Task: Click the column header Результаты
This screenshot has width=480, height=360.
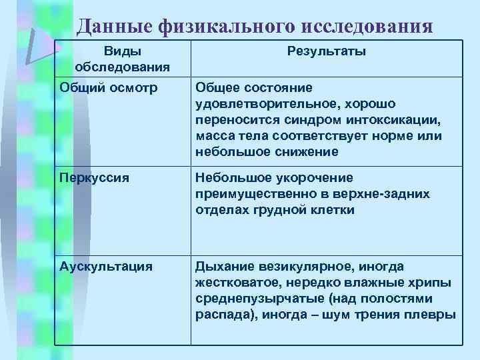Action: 327,51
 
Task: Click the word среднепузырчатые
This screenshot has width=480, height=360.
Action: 255,299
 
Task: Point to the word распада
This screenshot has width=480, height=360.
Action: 222,315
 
